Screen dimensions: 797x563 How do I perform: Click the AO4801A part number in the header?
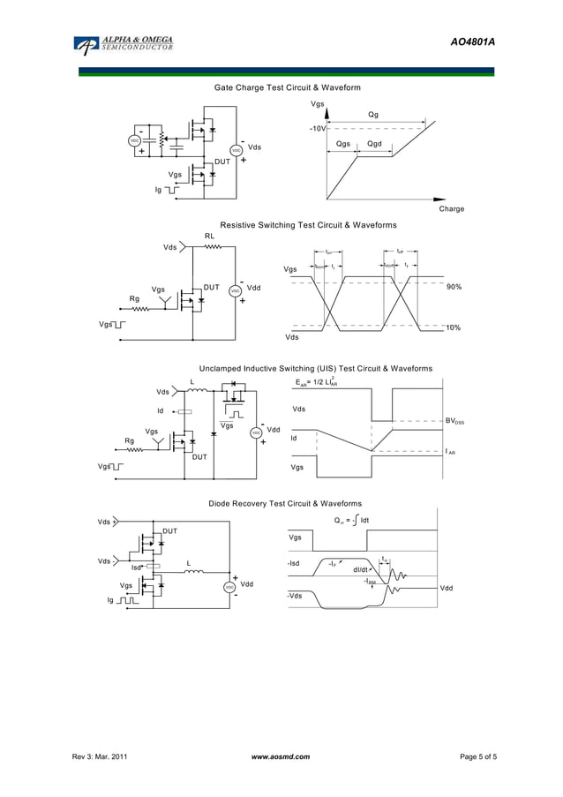472,41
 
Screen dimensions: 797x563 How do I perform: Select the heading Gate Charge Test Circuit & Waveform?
288,87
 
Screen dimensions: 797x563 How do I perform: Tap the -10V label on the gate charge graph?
317,129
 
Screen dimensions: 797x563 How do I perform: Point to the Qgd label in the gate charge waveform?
375,144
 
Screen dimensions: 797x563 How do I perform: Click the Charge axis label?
451,209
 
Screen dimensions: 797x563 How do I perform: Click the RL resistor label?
209,236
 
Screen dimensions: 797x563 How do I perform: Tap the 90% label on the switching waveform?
454,287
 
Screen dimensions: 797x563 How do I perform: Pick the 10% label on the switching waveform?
454,327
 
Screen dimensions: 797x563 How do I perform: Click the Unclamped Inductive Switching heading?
315,368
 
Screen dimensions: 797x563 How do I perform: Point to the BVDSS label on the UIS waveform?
454,422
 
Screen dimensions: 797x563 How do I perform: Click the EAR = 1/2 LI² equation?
317,383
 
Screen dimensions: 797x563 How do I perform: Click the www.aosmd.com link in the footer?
281,757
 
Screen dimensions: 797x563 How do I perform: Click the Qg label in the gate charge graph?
373,115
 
